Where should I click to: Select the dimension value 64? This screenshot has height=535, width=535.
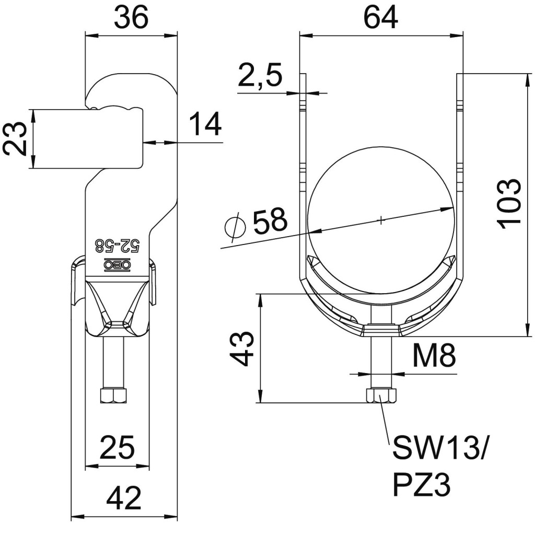(x=381, y=17)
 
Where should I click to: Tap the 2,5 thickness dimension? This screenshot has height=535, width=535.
(x=260, y=75)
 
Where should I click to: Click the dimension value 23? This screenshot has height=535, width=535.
(x=15, y=139)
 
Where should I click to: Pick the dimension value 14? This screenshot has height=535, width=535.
(x=205, y=124)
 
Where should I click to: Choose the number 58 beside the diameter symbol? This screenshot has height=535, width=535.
(x=270, y=220)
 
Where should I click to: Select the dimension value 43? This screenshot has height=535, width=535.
(x=241, y=350)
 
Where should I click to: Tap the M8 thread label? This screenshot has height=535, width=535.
(x=434, y=356)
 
